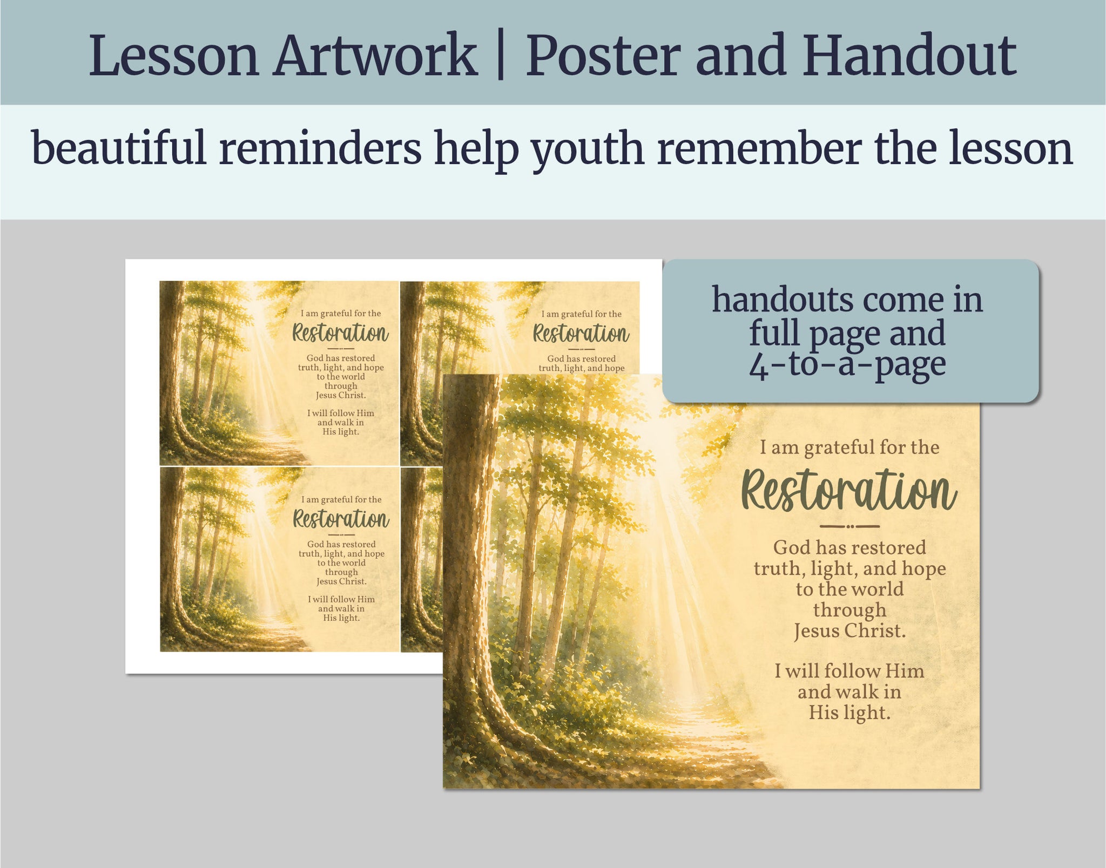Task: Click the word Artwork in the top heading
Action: pyautogui.click(x=375, y=56)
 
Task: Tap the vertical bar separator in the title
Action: pyautogui.click(x=501, y=56)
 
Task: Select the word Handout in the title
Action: pyautogui.click(x=909, y=55)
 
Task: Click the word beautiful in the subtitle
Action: pyautogui.click(x=119, y=147)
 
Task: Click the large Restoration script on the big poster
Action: pyautogui.click(x=848, y=490)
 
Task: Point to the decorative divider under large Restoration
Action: pyautogui.click(x=849, y=526)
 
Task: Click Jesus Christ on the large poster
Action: pyautogui.click(x=849, y=631)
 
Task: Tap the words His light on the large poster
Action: pyautogui.click(x=849, y=713)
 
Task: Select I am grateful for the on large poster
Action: pyautogui.click(x=849, y=447)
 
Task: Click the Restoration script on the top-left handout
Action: pyautogui.click(x=340, y=333)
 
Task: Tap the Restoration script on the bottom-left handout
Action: pyautogui.click(x=341, y=519)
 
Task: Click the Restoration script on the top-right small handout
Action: pyautogui.click(x=581, y=333)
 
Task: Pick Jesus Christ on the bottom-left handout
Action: pyautogui.click(x=341, y=581)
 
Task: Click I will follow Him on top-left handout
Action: pyautogui.click(x=341, y=413)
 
